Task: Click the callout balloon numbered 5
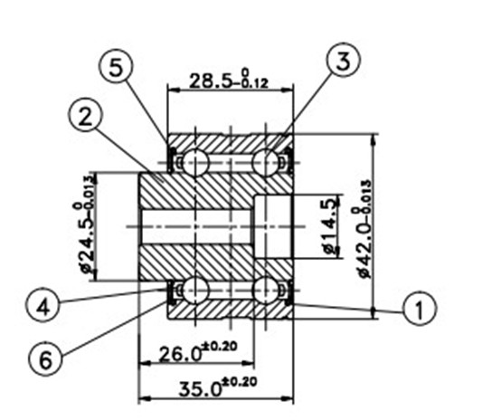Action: click(116, 68)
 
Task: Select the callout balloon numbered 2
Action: click(85, 118)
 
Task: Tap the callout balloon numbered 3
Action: click(343, 60)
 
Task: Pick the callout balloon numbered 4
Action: click(43, 307)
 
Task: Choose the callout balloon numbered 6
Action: click(46, 359)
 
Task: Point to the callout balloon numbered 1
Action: click(419, 309)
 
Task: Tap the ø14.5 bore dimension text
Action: click(330, 226)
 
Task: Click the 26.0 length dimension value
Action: click(181, 354)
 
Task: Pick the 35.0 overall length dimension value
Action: click(200, 389)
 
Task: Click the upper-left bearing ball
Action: click(195, 162)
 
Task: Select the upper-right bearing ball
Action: click(266, 162)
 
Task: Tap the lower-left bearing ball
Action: click(195, 291)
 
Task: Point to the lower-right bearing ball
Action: click(266, 291)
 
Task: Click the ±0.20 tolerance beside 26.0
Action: click(219, 347)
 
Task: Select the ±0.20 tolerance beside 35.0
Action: click(239, 382)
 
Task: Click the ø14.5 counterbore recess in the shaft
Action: click(273, 226)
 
